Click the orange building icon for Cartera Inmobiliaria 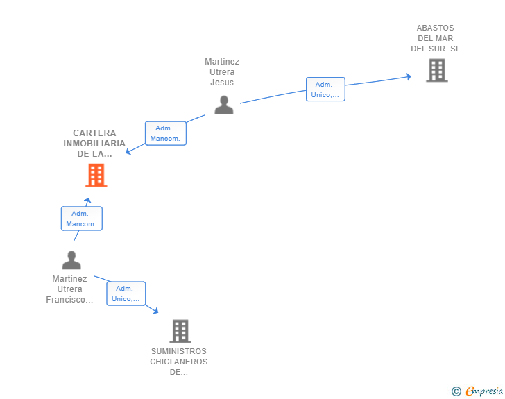coord(96,176)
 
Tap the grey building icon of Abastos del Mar coord(436,70)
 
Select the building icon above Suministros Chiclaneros coord(180,331)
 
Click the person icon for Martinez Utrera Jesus coord(223,105)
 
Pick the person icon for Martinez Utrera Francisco coord(71,260)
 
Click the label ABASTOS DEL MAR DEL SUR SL coord(435,39)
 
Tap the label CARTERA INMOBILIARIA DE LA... coord(94,144)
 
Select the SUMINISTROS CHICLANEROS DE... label coord(179,362)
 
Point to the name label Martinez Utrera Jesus coord(222,72)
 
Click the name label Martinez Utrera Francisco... coord(69,289)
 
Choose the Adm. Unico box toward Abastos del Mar coord(325,90)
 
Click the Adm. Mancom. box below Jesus coord(165,133)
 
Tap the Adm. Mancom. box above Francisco coord(81,219)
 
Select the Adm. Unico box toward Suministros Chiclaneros coord(126,294)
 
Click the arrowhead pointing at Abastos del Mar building coord(409,76)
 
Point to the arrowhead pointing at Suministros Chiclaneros coord(155,311)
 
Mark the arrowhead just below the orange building coord(88,201)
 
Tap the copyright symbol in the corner coord(456,391)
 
